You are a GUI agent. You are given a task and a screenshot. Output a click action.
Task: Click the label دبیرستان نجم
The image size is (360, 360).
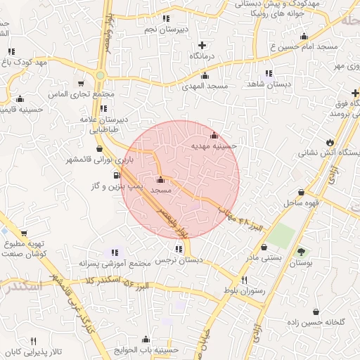point(165,30)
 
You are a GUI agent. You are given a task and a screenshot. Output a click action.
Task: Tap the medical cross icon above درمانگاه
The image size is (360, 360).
point(202,45)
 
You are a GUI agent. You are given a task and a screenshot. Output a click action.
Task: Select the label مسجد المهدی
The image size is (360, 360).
point(205,86)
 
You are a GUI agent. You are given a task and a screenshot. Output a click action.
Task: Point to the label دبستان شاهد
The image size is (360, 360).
point(269,84)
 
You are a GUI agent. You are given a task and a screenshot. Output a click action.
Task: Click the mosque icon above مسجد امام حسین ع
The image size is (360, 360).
point(304,37)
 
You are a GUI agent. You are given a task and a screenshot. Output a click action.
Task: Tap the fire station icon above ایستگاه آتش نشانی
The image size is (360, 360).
point(330,141)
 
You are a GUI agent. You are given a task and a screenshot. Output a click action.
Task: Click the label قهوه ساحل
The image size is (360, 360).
point(302,203)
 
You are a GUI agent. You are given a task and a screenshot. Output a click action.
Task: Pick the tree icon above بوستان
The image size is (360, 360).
point(301,252)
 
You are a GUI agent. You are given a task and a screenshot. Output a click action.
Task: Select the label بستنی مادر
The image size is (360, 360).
point(262,258)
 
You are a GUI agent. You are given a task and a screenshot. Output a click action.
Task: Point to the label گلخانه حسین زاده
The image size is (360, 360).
point(319,322)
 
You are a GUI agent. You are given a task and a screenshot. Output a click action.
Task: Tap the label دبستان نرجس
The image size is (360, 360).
point(179,260)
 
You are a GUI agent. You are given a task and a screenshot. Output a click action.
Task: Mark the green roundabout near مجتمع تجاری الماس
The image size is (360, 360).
point(101,75)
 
